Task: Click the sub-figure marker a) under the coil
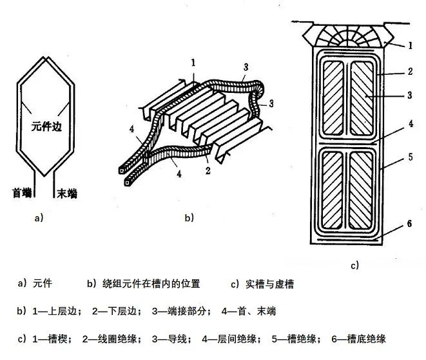(39, 218)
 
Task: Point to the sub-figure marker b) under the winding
(189, 218)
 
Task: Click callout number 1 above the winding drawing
(193, 63)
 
